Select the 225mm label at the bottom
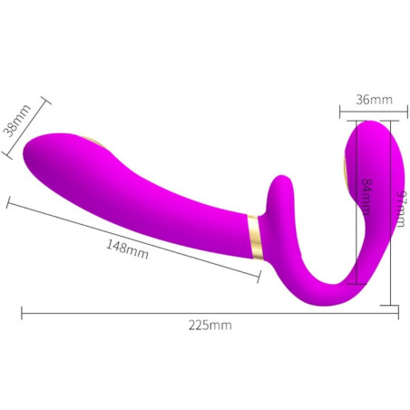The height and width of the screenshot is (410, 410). (210, 325)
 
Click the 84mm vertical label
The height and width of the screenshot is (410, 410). (365, 195)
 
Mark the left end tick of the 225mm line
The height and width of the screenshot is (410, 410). (21, 314)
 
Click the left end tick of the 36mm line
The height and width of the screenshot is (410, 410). (340, 112)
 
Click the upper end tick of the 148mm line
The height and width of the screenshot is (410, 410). (9, 201)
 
